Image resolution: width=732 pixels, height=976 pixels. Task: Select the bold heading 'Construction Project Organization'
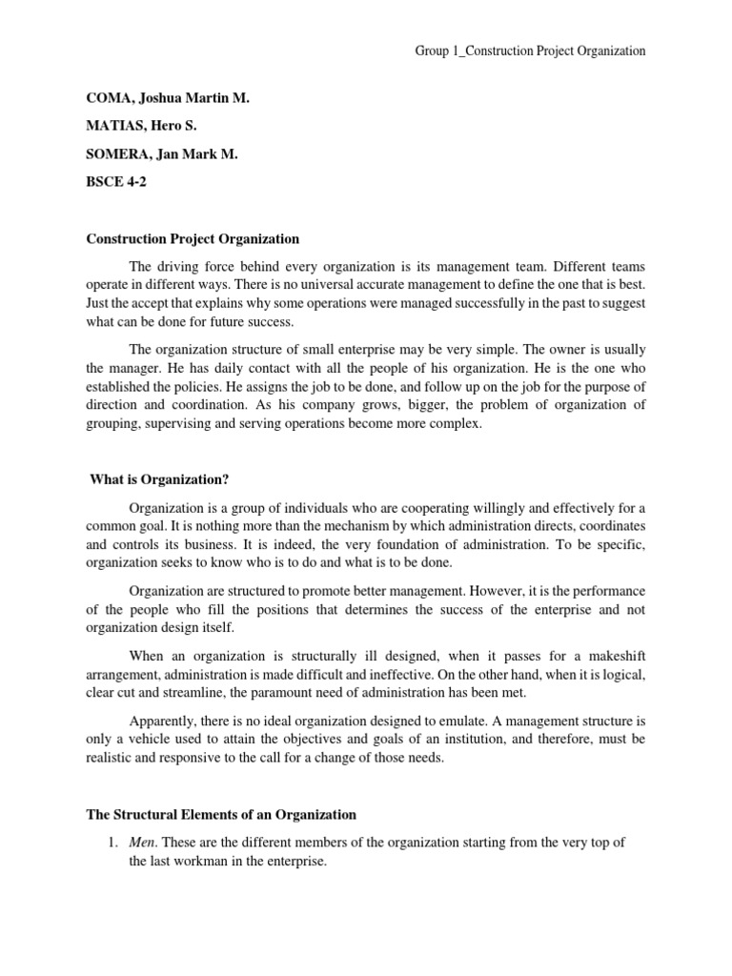[193, 238]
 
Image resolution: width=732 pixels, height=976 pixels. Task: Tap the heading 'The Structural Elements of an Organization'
[221, 814]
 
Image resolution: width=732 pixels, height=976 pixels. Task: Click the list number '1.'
[112, 843]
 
